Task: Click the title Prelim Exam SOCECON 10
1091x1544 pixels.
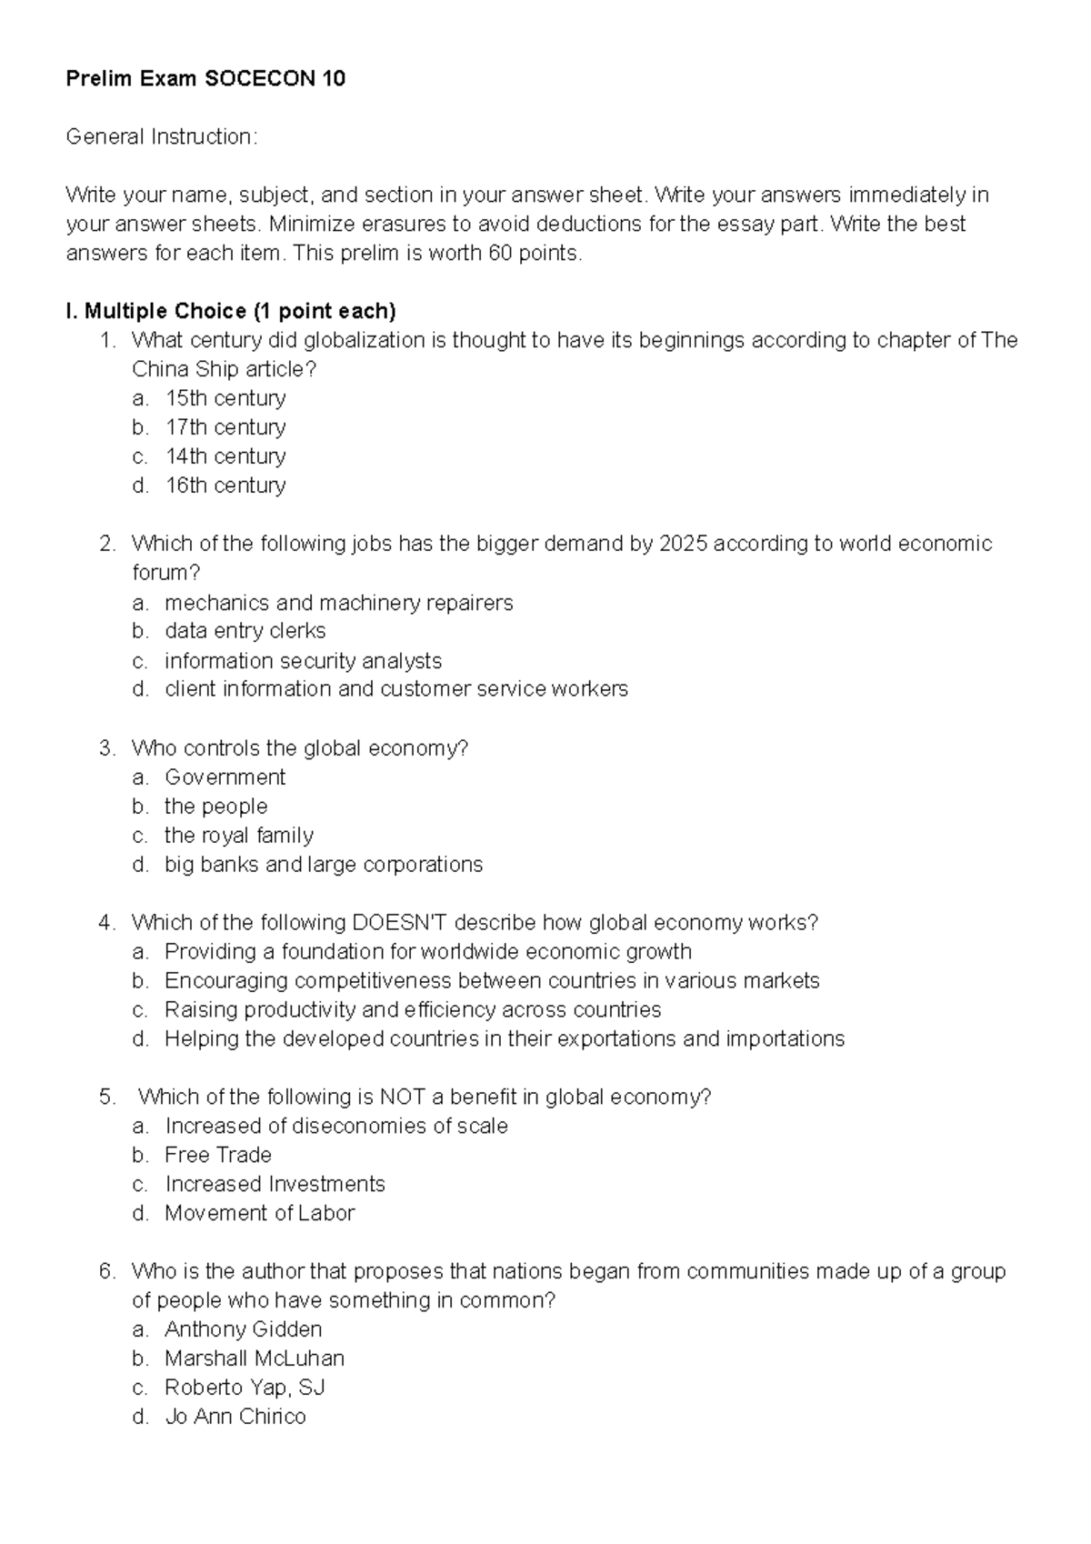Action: coord(205,79)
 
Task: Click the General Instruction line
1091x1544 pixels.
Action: coord(162,137)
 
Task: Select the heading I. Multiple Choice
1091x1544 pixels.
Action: coord(231,312)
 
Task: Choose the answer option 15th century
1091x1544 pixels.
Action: coord(225,398)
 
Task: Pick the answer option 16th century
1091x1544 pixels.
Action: coord(225,486)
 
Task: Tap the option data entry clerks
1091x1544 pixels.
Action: coord(245,631)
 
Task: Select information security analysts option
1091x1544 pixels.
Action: coord(303,661)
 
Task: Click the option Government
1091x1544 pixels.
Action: coord(225,777)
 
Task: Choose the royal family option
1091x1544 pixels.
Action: coord(238,836)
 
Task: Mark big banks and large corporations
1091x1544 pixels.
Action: coord(323,865)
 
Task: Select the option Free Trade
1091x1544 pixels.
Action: coord(218,1156)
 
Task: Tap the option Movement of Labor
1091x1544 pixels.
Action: coord(259,1214)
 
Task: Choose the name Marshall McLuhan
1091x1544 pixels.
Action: coord(255,1359)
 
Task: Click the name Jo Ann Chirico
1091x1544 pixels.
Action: coord(235,1418)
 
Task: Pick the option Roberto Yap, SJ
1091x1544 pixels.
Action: coord(245,1389)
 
